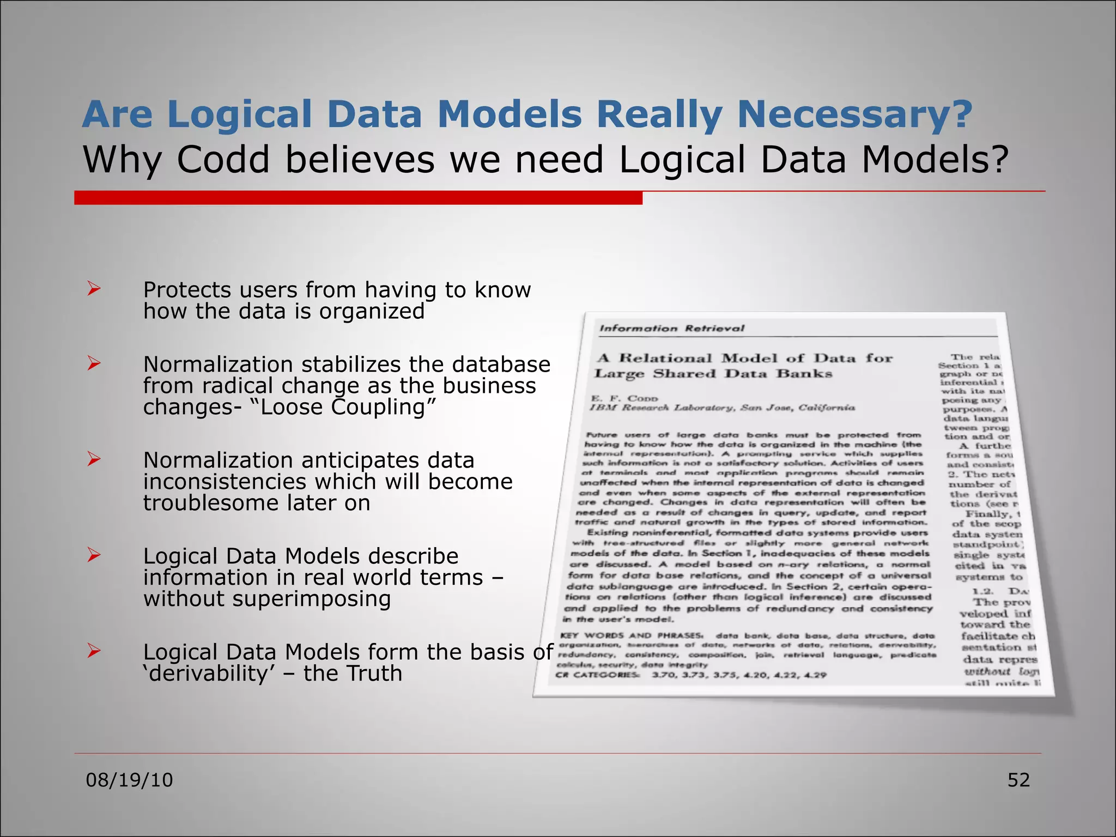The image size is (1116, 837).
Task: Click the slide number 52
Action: [x=1018, y=780]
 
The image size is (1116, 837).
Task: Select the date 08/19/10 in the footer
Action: [x=129, y=780]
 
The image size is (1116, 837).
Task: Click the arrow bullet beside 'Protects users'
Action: [x=94, y=289]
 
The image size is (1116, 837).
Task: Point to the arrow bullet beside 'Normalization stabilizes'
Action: [x=94, y=363]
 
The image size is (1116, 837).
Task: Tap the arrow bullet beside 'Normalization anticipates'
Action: [x=94, y=459]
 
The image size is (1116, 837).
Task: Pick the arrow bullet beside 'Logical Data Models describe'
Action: [x=94, y=555]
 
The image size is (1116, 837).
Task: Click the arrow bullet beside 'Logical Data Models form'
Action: [x=94, y=651]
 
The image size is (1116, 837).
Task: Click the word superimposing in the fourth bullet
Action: [x=311, y=599]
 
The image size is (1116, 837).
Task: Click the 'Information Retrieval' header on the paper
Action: [x=671, y=328]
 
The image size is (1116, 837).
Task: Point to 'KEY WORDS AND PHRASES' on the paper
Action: [x=632, y=635]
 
